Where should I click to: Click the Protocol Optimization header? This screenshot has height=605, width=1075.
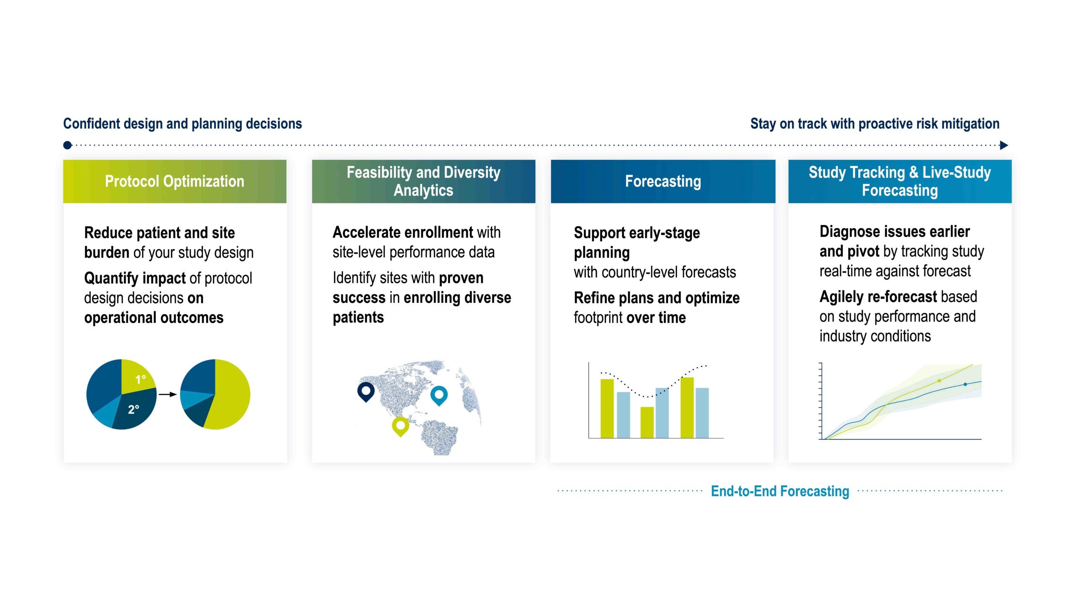(175, 181)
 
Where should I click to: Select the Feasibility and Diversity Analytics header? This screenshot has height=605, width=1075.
(423, 181)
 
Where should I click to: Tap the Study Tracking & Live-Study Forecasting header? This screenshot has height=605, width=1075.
(900, 181)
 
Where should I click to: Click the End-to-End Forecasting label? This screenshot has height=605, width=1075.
(780, 491)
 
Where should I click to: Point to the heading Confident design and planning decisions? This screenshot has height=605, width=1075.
(182, 124)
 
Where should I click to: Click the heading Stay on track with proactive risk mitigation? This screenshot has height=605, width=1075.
(875, 124)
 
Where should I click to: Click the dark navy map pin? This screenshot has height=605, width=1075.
(366, 392)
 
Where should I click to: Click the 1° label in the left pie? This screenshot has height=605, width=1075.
(141, 380)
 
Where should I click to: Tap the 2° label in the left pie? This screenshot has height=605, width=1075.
(134, 409)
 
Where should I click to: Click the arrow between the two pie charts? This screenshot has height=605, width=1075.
(168, 394)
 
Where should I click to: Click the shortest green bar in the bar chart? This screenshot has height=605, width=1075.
(647, 422)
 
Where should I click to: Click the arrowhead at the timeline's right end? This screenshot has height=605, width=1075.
(1004, 145)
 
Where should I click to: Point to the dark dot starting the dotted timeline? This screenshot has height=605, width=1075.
(67, 145)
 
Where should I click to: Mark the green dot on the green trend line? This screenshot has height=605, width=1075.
(939, 381)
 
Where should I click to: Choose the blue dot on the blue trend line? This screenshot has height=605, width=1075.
(965, 384)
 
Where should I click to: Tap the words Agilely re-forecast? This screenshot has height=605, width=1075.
(878, 297)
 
